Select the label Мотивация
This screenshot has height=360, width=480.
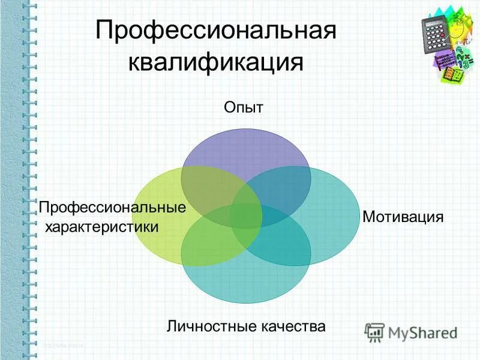pyautogui.click(x=403, y=217)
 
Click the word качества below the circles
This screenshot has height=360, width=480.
pyautogui.click(x=293, y=326)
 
